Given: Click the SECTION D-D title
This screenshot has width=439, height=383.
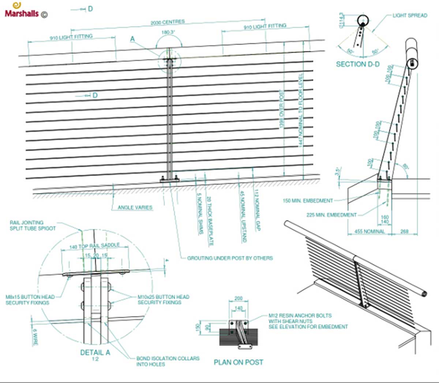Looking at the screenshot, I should [357, 64].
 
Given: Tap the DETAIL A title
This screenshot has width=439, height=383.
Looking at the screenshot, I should [95, 352].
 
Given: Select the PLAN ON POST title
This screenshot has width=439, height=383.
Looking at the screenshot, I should [239, 362].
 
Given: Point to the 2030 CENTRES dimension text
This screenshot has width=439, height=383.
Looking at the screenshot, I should [168, 23].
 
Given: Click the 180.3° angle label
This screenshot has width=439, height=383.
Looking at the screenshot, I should [168, 32].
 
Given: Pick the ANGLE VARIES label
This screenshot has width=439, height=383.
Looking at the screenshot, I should [135, 208].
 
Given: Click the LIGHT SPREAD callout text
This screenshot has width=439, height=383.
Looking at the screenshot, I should [410, 15].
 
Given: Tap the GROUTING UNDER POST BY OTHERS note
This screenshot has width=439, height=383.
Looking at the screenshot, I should [230, 258].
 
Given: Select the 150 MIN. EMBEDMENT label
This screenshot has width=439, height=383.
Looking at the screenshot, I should [308, 201].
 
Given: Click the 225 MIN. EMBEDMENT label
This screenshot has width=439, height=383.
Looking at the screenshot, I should [331, 215].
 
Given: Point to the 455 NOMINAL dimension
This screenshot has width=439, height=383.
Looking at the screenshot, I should [369, 231].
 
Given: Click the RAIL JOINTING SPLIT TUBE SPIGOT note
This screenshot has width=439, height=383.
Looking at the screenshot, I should [33, 225].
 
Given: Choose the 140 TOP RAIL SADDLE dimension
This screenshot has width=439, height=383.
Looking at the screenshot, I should [94, 246].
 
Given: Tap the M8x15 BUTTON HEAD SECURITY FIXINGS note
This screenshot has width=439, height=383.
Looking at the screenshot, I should [30, 300].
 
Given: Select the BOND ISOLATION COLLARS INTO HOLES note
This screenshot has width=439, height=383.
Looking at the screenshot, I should [168, 361].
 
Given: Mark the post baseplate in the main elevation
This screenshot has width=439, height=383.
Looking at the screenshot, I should [169, 179].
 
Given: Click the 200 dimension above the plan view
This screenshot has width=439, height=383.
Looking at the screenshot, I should [238, 298].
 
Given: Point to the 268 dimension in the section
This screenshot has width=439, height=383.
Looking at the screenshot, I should [404, 231].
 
